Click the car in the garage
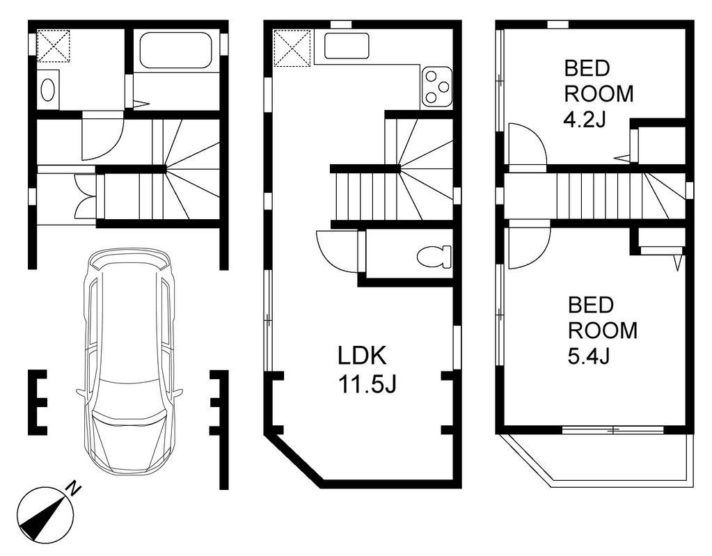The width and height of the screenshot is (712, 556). click(129, 361)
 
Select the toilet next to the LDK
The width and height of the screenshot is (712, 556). click(434, 257)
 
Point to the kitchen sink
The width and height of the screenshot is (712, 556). click(347, 46)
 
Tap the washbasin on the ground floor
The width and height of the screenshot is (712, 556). click(48, 90)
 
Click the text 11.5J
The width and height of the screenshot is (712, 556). click(367, 385)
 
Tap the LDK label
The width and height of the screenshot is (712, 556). click(362, 356)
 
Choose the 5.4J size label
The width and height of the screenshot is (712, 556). click(589, 356)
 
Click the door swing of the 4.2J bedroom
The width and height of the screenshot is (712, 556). click(528, 148)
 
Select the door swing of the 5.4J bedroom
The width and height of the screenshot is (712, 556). click(530, 245)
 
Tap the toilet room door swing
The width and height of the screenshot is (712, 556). click(338, 251)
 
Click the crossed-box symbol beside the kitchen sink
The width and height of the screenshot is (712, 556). click(292, 48)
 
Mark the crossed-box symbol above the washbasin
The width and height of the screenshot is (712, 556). click(53, 46)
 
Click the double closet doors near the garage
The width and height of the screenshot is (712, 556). click(86, 196)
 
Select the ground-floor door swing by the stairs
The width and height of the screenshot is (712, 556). click(102, 139)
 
